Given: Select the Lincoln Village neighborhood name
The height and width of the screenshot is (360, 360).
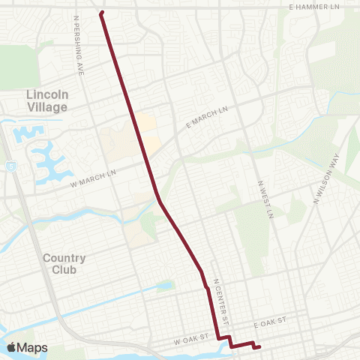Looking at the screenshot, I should (x=46, y=100).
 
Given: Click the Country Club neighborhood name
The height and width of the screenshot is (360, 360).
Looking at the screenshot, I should (x=64, y=264).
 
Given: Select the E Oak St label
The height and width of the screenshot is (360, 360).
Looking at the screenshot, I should (x=270, y=321).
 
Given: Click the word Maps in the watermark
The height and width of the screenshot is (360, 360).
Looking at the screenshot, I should (x=34, y=347).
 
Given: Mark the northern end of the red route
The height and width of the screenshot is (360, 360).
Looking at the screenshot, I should (x=101, y=12).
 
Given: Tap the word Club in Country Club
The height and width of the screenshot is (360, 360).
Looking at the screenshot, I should (x=64, y=271).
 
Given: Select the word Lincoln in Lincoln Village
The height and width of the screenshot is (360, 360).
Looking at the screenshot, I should (x=46, y=94).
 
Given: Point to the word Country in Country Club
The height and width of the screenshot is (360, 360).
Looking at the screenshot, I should (x=64, y=258).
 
